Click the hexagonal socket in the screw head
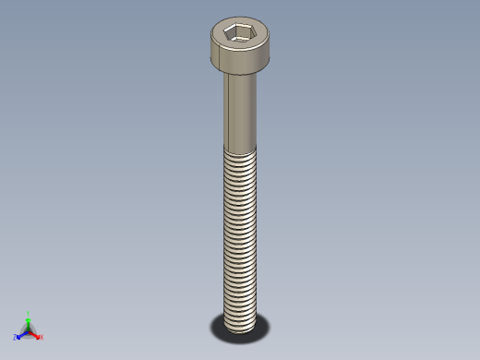coord(240,34)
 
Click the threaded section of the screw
coord(241,231)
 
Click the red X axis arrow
coord(36,334)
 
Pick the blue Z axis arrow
coord(21,334)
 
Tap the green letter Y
coord(28,313)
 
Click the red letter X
coord(42,337)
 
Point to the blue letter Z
coord(16,338)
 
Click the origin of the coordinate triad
coord(28,330)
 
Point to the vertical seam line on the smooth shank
coord(227,111)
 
